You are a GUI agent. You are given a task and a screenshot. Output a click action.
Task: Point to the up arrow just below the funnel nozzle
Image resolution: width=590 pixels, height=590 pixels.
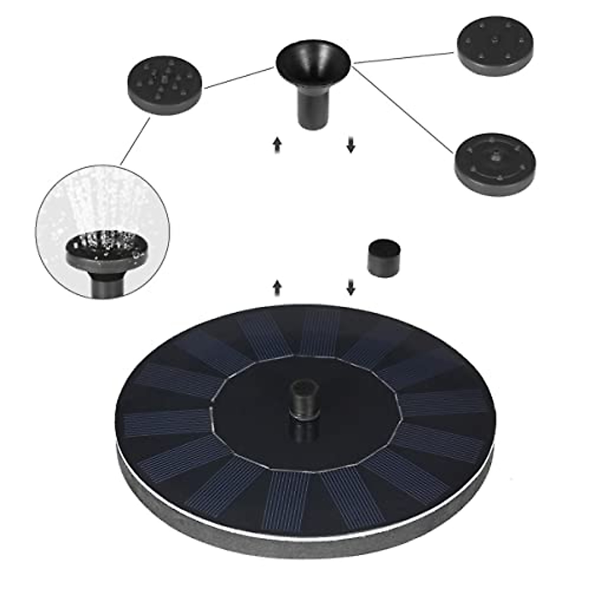point(277,146)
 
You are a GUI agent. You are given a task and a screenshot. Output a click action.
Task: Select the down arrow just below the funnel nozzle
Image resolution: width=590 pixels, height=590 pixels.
point(351,146)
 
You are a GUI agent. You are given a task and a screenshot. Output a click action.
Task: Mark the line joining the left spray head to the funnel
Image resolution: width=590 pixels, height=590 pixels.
point(238,78)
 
